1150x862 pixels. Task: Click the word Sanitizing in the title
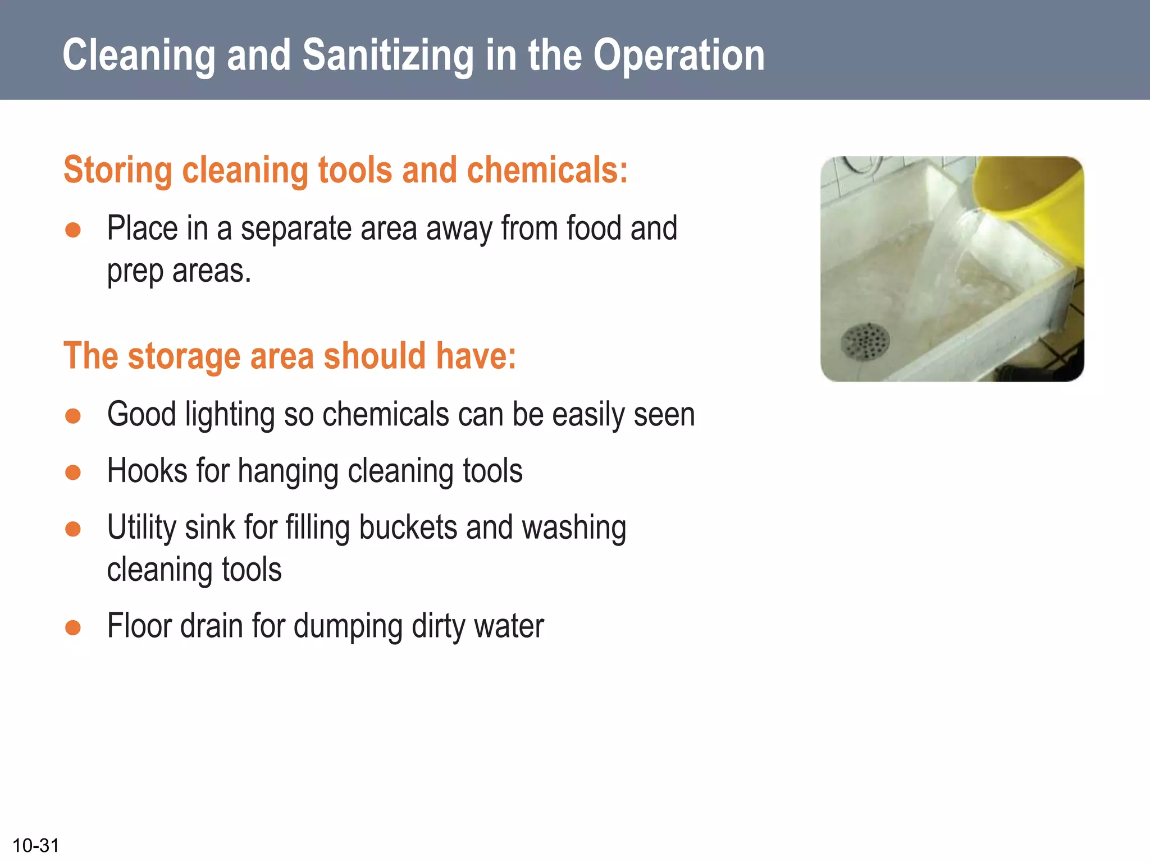(387, 56)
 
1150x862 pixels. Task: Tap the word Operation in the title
(679, 56)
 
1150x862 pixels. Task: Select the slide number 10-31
(36, 845)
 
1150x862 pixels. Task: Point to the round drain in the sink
(865, 341)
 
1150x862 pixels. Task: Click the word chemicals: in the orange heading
(547, 170)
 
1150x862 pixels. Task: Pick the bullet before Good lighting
(73, 416)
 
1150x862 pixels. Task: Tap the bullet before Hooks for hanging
(73, 472)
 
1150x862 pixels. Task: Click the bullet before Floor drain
(73, 627)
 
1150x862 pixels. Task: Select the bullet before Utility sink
(73, 529)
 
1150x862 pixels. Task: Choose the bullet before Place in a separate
(73, 230)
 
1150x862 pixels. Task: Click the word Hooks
(148, 471)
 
